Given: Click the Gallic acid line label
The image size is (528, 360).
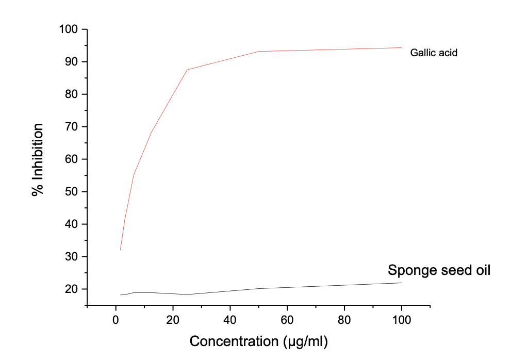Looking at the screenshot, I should coord(434,53).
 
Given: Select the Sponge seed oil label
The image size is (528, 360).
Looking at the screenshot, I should coord(439,270).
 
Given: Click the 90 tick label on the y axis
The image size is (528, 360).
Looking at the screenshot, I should coord(73,62).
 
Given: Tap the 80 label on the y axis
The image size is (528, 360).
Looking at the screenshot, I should coord(73,94).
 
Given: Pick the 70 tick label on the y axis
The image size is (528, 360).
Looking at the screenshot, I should coord(73,127).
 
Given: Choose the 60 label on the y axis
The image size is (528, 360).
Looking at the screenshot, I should coord(73,159).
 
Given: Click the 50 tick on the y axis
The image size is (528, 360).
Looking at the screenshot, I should coord(73,192).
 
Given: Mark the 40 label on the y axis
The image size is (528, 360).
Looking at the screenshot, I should coord(73,224).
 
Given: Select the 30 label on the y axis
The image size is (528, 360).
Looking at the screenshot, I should coord(73,257).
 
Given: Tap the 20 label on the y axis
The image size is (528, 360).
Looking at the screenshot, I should coord(73,289).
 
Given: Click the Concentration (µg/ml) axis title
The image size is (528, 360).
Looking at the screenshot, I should coord(259,341).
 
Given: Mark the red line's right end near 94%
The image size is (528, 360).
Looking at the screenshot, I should coord(401,48).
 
